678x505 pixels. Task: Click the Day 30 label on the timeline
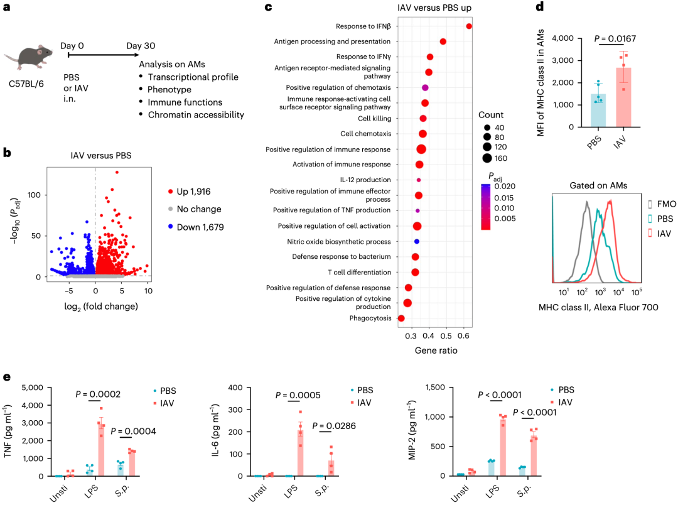pyautogui.click(x=141, y=46)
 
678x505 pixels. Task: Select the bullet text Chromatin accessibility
pyautogui.click(x=196, y=114)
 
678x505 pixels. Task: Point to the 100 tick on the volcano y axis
pyautogui.click(x=35, y=195)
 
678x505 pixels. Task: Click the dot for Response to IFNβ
pyautogui.click(x=469, y=26)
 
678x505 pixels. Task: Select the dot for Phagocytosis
pyautogui.click(x=401, y=318)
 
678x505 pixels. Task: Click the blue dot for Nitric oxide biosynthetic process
pyautogui.click(x=416, y=241)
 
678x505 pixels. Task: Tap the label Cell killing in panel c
pyautogui.click(x=374, y=118)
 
